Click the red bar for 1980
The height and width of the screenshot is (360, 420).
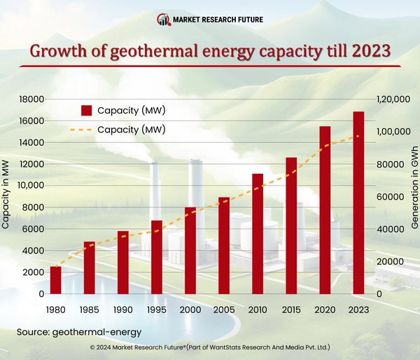(55, 280)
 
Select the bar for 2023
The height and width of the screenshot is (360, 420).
(358, 203)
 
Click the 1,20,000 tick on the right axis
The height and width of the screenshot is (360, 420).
(392, 99)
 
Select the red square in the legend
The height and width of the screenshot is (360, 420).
(87, 111)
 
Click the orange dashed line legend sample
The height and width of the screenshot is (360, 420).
(81, 130)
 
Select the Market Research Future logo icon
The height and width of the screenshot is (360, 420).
(163, 19)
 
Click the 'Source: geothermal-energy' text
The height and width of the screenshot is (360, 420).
(79, 331)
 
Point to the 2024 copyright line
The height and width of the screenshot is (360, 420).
(210, 347)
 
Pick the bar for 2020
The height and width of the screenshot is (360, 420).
(324, 210)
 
